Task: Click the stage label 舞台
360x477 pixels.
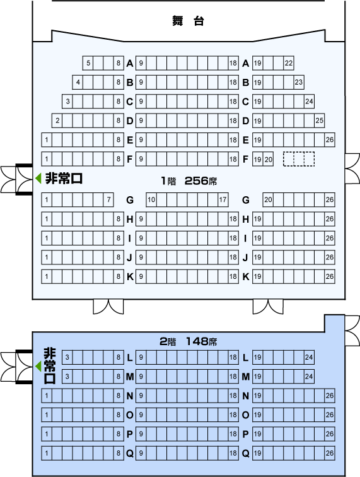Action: pos(188,21)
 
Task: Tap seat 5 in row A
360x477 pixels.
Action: pos(88,63)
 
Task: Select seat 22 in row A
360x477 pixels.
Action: pos(289,63)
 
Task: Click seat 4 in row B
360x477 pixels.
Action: pos(78,82)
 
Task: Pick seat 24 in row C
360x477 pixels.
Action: pos(309,102)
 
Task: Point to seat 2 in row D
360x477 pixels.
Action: pos(57,121)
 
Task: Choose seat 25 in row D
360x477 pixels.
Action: pos(319,121)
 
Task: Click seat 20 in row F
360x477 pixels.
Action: pos(268,159)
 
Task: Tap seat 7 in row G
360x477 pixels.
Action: pos(108,200)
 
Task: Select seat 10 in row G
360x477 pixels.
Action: pos(151,200)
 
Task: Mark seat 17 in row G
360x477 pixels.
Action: pos(223,200)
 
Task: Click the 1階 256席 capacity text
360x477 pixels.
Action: pos(189,181)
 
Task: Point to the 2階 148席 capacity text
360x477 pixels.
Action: pos(189,341)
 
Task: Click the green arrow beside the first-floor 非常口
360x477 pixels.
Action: pos(38,179)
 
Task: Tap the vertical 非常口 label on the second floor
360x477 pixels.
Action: pos(50,366)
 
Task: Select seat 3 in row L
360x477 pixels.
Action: pos(67,357)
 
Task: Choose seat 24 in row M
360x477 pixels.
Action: pos(309,377)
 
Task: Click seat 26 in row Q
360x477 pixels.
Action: pos(330,453)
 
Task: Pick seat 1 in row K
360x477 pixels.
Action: pos(47,276)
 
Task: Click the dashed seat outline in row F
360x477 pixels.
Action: pos(299,159)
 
